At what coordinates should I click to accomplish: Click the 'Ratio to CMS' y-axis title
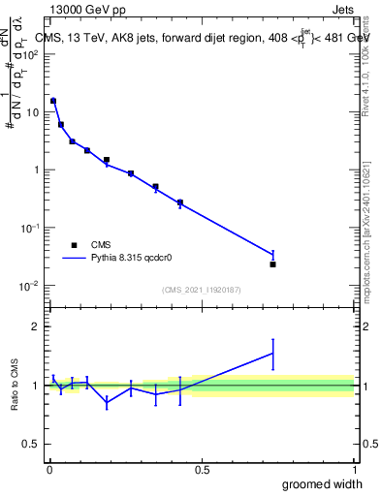[x=16, y=385]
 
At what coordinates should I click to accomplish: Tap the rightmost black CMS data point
[x=273, y=263]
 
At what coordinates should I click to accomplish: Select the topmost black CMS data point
[x=53, y=101]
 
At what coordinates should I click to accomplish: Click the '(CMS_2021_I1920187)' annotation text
[x=201, y=290]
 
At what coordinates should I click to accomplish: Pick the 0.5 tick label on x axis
[x=202, y=469]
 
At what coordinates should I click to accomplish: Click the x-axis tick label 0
[x=48, y=469]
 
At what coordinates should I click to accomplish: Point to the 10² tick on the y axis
[x=32, y=54]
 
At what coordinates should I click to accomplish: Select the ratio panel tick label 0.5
[x=32, y=445]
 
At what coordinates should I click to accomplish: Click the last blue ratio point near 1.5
[x=273, y=354]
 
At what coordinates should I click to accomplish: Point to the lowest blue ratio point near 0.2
[x=107, y=402]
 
